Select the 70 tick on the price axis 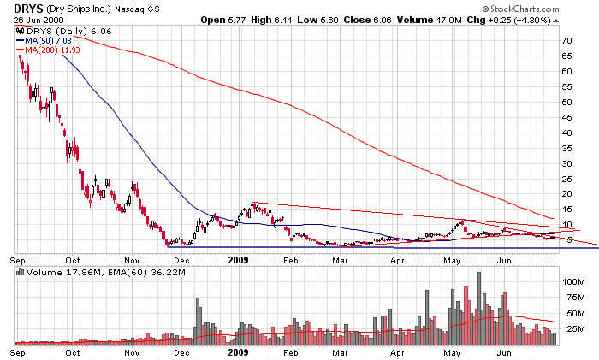click(566, 40)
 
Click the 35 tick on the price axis click(566, 148)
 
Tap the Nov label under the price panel click(132, 258)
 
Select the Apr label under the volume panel click(397, 351)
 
